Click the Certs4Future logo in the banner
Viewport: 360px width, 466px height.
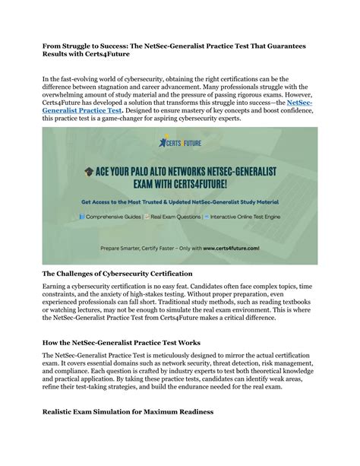click(180, 142)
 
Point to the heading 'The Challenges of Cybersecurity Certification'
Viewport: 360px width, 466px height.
click(126, 271)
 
